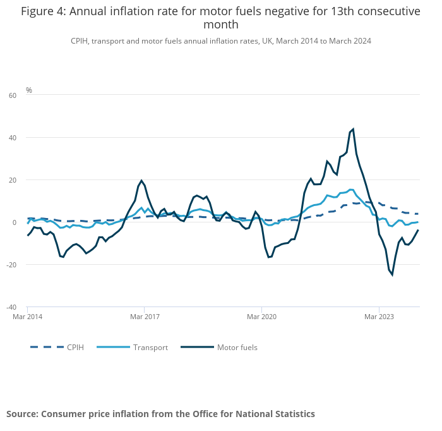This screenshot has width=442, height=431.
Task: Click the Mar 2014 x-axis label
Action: [x=28, y=317]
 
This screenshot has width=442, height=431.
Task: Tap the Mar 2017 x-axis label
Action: [x=145, y=317]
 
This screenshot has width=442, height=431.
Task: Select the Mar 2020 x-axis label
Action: [x=261, y=317]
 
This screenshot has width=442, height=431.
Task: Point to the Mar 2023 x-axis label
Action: [x=378, y=317]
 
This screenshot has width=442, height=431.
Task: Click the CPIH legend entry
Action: [x=75, y=347]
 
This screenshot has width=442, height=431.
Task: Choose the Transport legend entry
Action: [x=150, y=347]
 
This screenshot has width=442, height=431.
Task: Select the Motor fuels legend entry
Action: [x=237, y=347]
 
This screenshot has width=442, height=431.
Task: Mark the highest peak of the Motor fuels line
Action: [x=353, y=129]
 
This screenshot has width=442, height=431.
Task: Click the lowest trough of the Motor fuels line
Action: [x=392, y=275]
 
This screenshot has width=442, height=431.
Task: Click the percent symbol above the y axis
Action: [x=29, y=90]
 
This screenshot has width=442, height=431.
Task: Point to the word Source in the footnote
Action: [x=22, y=414]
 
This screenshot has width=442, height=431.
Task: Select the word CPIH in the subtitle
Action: [x=80, y=40]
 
